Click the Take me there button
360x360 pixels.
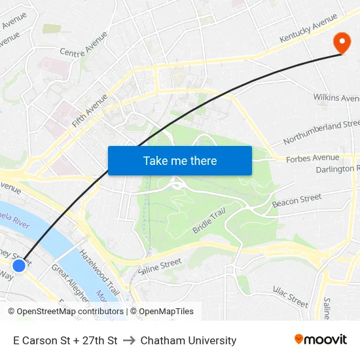tap(179, 160)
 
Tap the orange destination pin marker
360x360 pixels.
tap(342, 43)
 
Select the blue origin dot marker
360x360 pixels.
tap(19, 265)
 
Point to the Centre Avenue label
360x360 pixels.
tap(83, 48)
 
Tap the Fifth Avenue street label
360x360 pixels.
tap(89, 110)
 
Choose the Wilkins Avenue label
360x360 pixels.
tap(336, 98)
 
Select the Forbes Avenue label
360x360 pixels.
tap(313, 158)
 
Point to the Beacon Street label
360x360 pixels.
tap(297, 200)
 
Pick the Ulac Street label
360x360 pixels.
tap(290, 297)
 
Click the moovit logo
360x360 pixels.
tap(320, 340)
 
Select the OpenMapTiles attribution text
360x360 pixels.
tap(164, 312)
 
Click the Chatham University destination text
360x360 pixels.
tap(189, 340)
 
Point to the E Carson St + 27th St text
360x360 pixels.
tap(65, 340)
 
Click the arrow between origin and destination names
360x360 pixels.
tap(129, 340)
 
